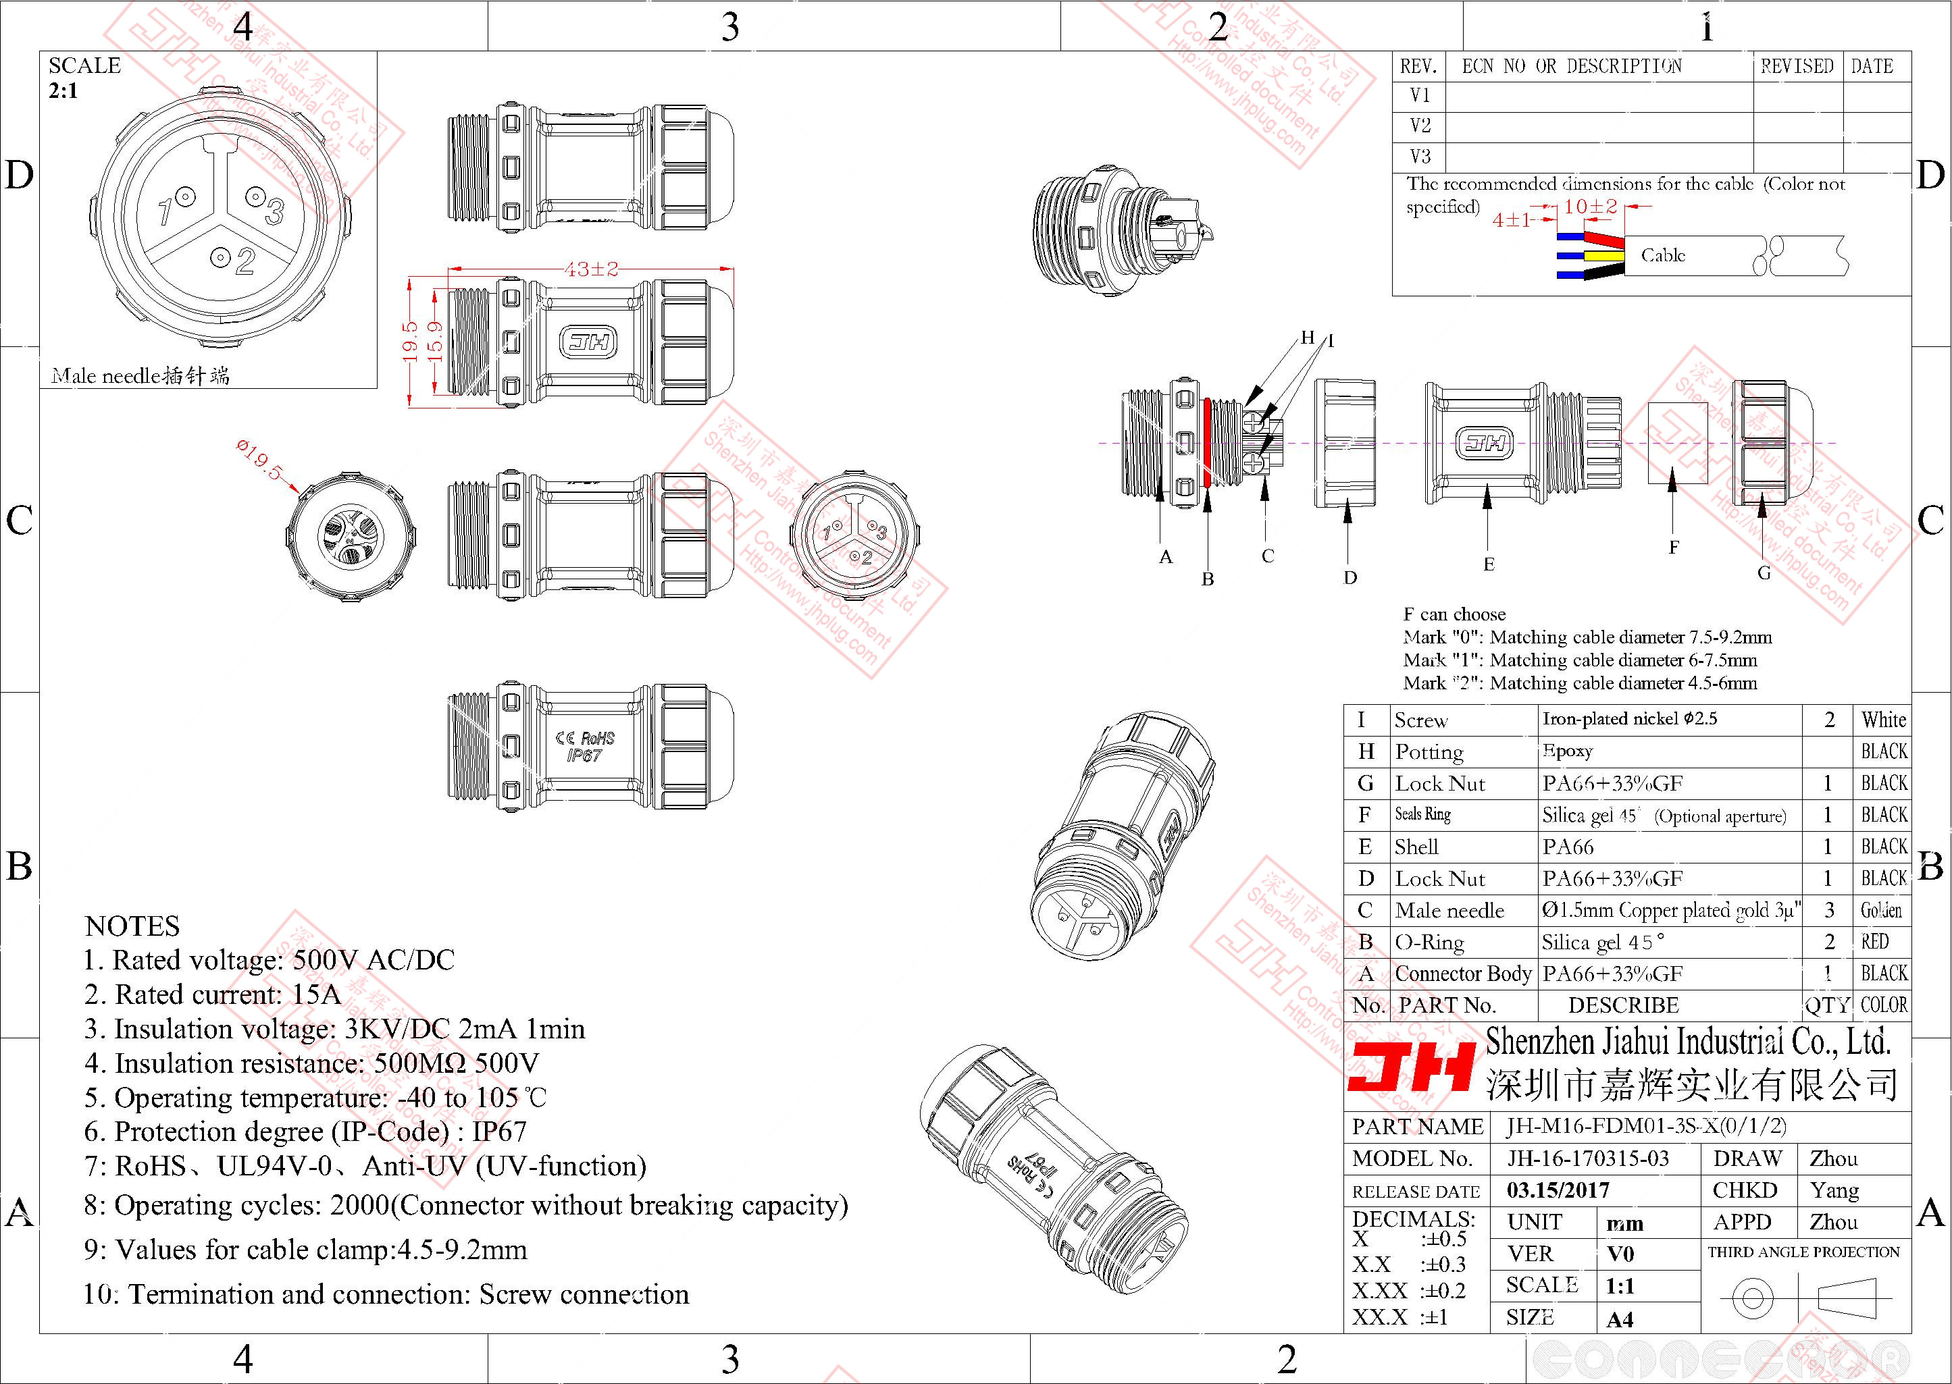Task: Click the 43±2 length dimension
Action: click(590, 269)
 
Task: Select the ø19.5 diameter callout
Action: click(259, 458)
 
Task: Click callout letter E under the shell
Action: click(1488, 564)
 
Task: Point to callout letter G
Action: click(1764, 573)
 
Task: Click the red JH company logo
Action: click(1411, 1068)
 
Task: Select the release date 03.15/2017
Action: click(1558, 1190)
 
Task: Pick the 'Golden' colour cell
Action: click(1881, 910)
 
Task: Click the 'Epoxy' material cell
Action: click(1567, 751)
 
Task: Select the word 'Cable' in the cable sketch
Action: click(1663, 255)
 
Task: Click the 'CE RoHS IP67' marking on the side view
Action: click(585, 746)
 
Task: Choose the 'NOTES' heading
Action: click(132, 926)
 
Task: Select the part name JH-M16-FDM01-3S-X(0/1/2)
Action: click(1645, 1126)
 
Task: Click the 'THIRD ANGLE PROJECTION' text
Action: click(1803, 1252)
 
